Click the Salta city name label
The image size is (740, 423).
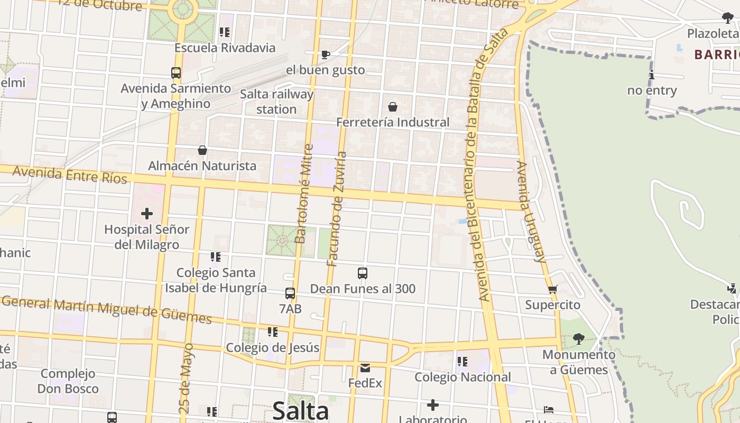(x=300, y=411)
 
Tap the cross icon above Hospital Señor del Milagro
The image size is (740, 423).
(x=146, y=214)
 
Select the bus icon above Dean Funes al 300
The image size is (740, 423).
(x=362, y=273)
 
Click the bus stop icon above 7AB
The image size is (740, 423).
(x=290, y=293)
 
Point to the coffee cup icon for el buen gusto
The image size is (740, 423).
(x=326, y=54)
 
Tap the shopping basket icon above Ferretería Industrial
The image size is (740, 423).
(x=393, y=107)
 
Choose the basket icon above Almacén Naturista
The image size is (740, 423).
(x=202, y=151)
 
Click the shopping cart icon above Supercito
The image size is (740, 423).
(x=553, y=289)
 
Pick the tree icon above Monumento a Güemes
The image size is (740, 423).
(x=578, y=338)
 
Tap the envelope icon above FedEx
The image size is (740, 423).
(x=365, y=367)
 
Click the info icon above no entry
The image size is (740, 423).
(x=652, y=75)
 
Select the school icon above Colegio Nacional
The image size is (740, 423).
(x=462, y=362)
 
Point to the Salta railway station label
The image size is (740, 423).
(x=276, y=102)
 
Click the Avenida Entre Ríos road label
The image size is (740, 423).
(x=70, y=174)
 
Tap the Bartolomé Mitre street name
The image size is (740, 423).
(x=303, y=194)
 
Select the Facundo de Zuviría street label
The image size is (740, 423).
(x=337, y=209)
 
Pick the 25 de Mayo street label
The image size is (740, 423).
(x=186, y=378)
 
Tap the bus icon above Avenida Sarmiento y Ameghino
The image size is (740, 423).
(x=176, y=73)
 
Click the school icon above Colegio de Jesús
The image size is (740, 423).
(x=273, y=332)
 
